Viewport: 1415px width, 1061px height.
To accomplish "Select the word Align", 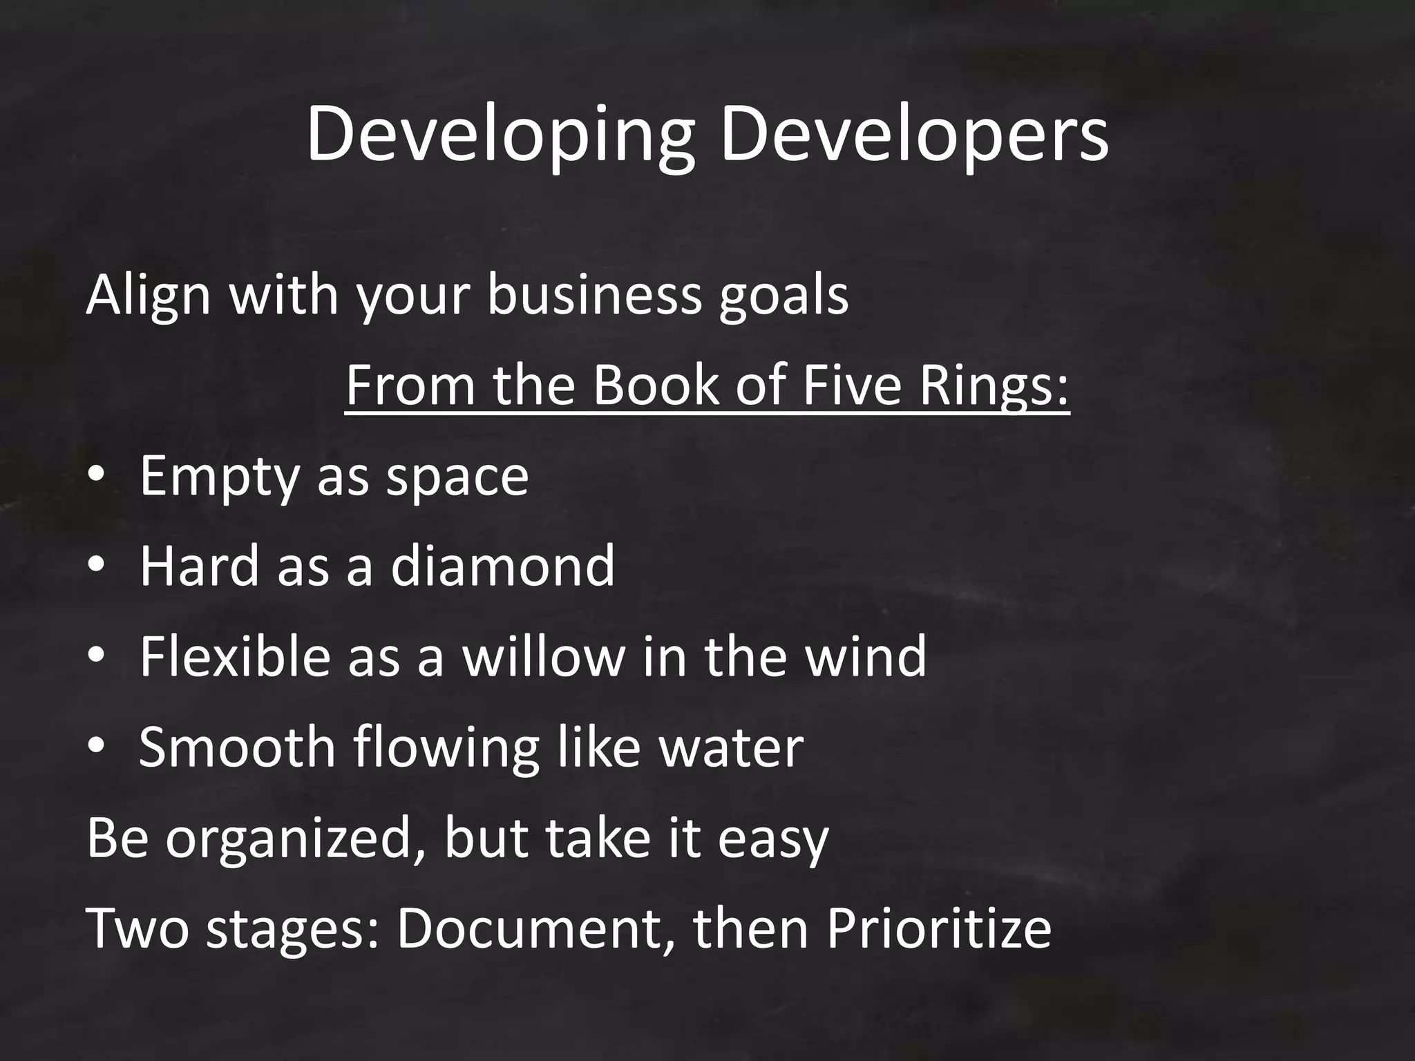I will click(x=148, y=295).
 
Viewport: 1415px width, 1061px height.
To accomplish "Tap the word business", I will click(x=594, y=295).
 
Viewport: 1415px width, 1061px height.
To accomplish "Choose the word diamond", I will click(x=502, y=566).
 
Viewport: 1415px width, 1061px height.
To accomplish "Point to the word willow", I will click(x=544, y=656).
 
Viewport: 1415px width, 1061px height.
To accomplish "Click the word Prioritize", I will click(x=938, y=929).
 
